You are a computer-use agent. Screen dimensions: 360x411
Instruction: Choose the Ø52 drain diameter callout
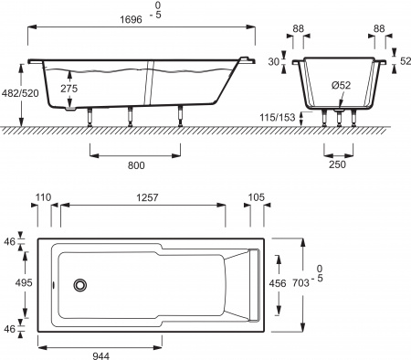(x=342, y=86)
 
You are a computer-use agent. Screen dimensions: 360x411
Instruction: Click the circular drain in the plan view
(x=81, y=284)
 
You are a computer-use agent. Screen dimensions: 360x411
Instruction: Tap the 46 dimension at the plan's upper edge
(x=10, y=243)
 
